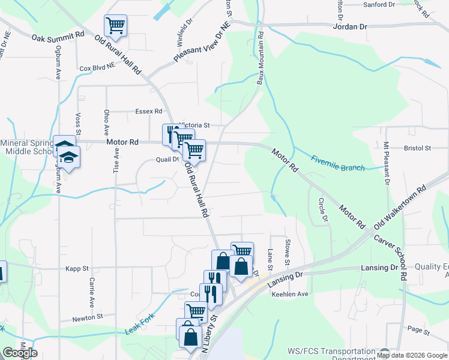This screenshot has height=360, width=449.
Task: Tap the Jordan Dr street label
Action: tap(350, 27)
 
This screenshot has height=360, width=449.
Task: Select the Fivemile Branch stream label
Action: tap(337, 163)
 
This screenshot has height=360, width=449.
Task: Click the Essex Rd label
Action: tap(149, 111)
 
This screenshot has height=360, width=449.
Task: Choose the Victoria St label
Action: tap(193, 125)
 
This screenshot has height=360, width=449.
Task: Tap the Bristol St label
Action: tap(418, 148)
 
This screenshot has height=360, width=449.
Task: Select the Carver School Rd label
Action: tap(390, 256)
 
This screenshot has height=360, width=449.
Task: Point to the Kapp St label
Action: tap(77, 268)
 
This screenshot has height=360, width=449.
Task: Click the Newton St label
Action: tap(88, 316)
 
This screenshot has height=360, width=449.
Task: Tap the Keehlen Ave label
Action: tap(289, 294)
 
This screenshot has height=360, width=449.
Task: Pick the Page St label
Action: tap(418, 331)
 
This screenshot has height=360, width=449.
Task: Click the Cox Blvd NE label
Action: tap(97, 68)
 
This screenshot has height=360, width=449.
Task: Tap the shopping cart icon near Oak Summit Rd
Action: tap(115, 26)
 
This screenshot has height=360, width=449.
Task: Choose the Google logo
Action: tap(20, 353)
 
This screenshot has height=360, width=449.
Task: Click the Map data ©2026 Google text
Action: tap(412, 355)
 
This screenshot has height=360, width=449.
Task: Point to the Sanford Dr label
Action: tap(381, 5)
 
